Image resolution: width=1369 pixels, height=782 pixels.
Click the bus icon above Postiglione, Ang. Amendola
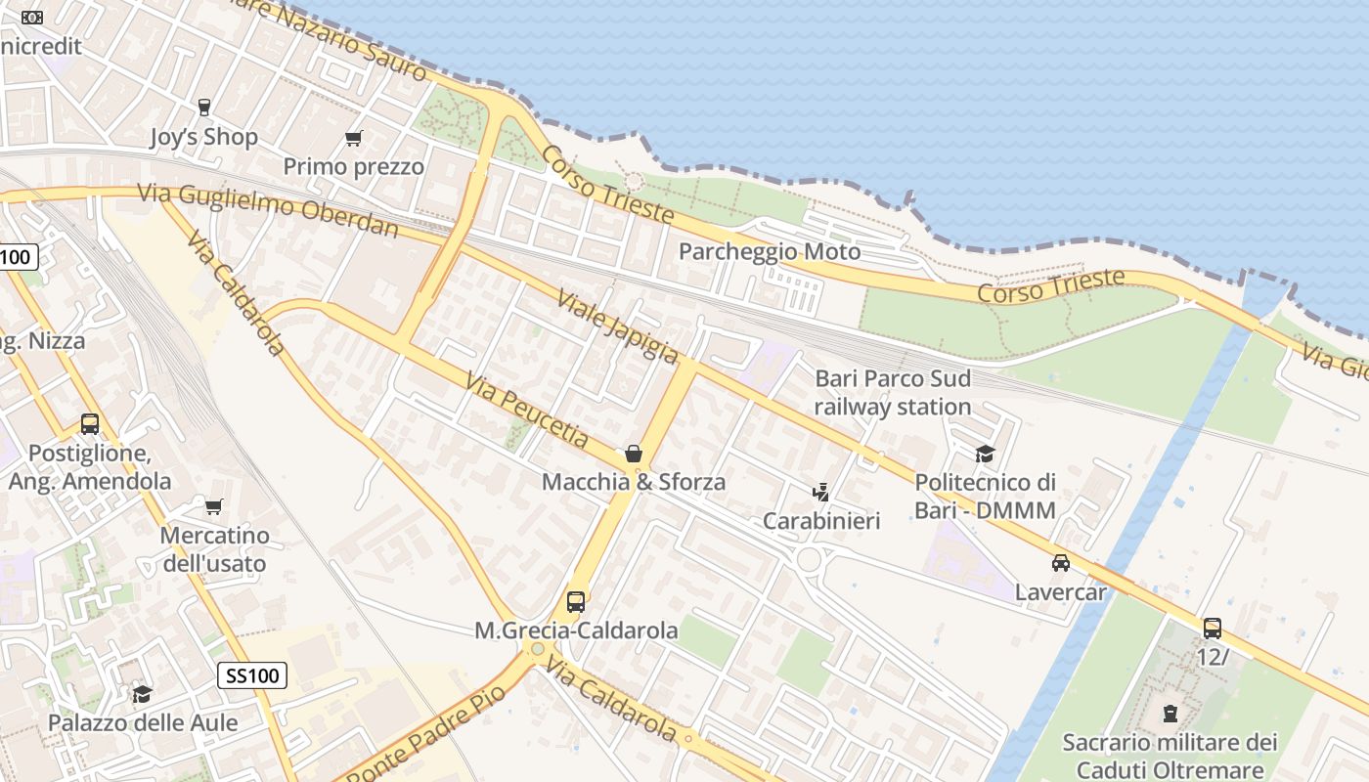tap(90, 424)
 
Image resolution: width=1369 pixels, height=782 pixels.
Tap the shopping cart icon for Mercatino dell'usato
tap(213, 506)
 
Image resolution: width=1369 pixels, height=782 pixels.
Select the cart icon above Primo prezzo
tap(353, 138)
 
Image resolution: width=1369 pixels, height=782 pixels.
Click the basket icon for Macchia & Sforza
tap(634, 454)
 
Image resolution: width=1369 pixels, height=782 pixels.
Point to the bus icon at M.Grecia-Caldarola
tap(576, 602)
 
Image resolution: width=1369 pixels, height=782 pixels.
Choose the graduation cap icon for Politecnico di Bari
tap(985, 454)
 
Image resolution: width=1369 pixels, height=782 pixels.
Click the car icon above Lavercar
tap(1061, 563)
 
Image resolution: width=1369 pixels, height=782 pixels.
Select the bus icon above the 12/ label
tap(1213, 629)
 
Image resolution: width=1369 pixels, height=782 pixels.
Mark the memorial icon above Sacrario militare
tap(1170, 714)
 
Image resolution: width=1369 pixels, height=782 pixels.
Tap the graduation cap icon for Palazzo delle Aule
tap(143, 694)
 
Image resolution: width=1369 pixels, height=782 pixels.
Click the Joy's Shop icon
tap(204, 108)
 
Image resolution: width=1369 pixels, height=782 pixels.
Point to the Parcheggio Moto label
tap(770, 251)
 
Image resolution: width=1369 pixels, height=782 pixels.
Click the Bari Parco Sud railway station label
tap(893, 392)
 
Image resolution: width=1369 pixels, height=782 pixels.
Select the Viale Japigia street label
tap(617, 326)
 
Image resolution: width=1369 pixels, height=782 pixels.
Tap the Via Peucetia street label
tap(527, 411)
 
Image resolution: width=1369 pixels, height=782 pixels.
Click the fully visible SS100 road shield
tap(251, 674)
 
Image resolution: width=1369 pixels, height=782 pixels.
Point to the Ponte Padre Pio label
tap(427, 734)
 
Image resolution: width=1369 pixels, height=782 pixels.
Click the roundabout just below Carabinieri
tap(809, 559)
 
